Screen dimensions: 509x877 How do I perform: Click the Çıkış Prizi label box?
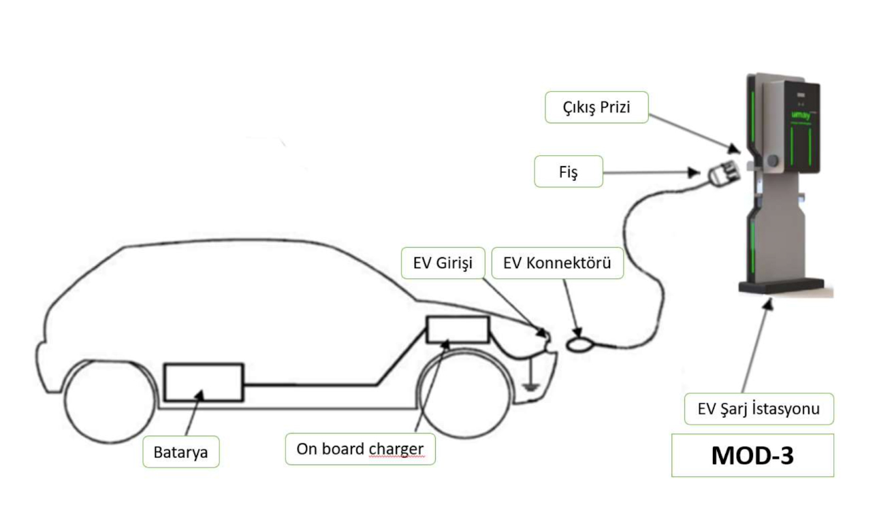click(x=596, y=108)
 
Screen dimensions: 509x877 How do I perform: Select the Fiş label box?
click(x=569, y=172)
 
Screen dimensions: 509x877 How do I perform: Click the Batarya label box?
click(x=180, y=452)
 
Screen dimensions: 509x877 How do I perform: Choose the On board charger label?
click(x=360, y=449)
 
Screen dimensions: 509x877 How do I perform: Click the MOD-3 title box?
click(x=752, y=455)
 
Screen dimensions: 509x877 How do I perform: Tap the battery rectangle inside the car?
click(x=204, y=382)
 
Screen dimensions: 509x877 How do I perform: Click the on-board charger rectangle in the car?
click(x=457, y=330)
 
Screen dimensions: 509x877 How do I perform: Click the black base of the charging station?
click(x=782, y=285)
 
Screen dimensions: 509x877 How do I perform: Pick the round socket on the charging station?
click(x=773, y=161)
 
